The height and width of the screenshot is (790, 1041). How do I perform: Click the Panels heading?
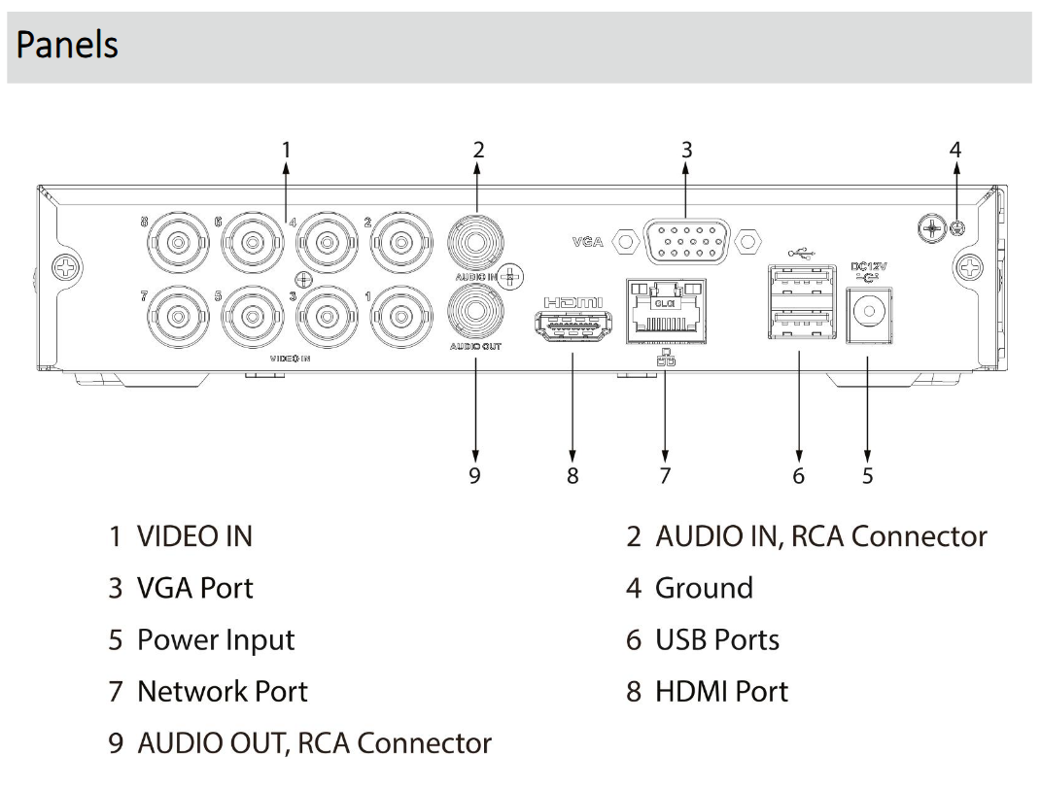68,46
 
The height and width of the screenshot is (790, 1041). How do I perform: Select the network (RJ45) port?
666,310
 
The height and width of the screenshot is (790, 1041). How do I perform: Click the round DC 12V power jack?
867,314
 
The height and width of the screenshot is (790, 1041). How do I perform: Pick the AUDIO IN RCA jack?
476,238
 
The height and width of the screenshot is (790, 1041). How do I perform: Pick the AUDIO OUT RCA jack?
476,314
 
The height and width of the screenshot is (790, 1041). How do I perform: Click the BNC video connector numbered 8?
180,240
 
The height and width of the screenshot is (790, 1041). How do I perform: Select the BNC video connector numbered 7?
180,315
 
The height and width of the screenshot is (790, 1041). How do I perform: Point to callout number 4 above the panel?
955,150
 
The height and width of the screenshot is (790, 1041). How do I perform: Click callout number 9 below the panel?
475,475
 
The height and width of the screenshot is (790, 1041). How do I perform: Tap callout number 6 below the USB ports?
799,475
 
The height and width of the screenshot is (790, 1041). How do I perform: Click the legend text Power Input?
215,640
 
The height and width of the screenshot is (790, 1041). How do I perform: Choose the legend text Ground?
704,588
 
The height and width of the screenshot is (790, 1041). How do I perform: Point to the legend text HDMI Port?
720,692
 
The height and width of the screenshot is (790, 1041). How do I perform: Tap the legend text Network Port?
222,692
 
